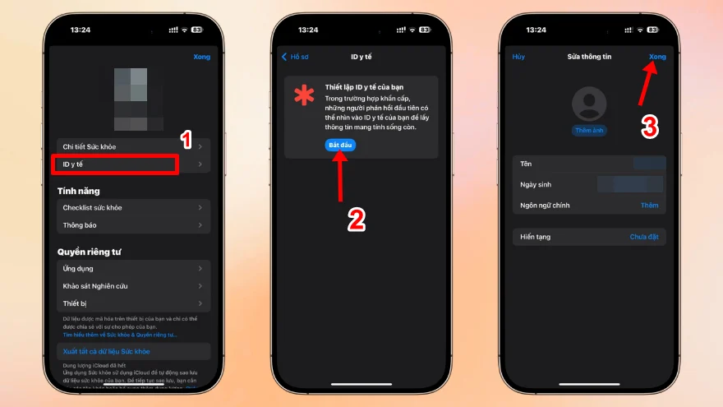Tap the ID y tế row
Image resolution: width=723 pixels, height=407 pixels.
[x=115, y=164]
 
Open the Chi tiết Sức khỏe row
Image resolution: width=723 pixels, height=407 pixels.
[x=115, y=146]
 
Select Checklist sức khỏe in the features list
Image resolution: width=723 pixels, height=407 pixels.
[x=115, y=207]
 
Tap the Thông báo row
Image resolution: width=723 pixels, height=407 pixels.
[x=115, y=224]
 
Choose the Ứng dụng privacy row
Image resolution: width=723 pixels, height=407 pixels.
[x=115, y=268]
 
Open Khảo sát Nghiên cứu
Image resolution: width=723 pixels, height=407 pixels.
[x=115, y=286]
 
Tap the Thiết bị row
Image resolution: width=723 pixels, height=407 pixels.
[x=115, y=303]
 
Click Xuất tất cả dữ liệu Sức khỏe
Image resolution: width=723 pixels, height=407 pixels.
[x=107, y=352]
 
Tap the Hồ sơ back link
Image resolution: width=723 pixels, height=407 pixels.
[x=296, y=57]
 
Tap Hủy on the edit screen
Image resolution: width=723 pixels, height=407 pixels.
[x=518, y=57]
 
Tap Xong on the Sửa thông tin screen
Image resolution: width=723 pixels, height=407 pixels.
[x=657, y=57]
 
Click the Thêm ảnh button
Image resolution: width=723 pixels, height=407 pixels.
[x=589, y=131]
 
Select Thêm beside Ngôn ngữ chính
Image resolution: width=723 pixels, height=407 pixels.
[x=649, y=205]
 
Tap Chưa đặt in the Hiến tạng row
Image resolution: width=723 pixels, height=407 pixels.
[x=644, y=237]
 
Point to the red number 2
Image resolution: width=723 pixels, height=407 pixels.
[x=356, y=219]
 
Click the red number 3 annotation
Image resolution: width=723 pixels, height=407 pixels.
[x=650, y=127]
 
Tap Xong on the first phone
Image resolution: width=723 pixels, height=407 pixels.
[x=201, y=57]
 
